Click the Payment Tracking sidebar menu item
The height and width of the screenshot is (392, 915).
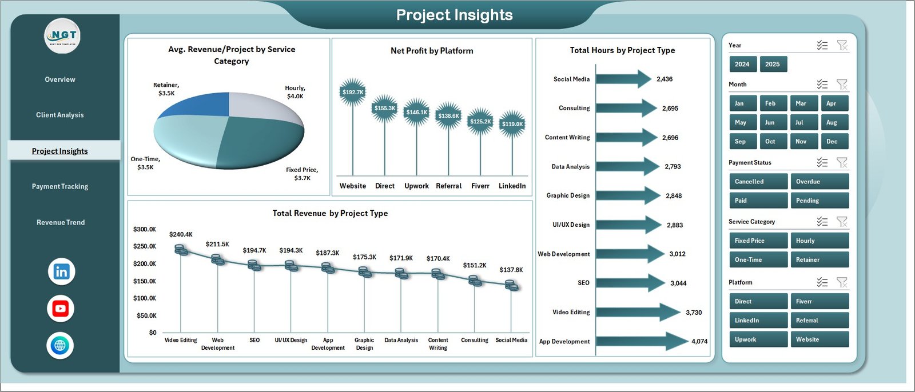point(60,186)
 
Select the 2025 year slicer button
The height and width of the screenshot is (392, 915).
point(773,64)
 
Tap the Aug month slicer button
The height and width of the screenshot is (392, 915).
point(832,122)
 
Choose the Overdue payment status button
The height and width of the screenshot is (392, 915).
point(818,182)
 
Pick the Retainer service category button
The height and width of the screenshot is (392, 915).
point(818,259)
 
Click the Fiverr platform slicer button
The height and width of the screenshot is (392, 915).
point(818,301)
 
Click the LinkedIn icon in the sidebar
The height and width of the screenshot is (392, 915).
point(61,271)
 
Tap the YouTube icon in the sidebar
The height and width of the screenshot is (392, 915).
point(60,309)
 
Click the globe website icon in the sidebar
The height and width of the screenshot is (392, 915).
point(60,345)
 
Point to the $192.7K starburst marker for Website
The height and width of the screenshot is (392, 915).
point(352,92)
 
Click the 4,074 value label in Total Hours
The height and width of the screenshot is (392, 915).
point(699,342)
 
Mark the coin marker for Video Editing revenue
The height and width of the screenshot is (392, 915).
point(181,250)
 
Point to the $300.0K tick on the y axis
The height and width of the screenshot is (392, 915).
point(145,229)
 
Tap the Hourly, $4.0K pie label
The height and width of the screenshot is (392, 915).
point(295,92)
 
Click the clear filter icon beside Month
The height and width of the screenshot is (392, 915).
point(842,85)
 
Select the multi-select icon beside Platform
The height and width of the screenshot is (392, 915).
point(822,282)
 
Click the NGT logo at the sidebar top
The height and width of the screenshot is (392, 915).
point(62,36)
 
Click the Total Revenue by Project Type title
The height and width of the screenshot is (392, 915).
point(330,213)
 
